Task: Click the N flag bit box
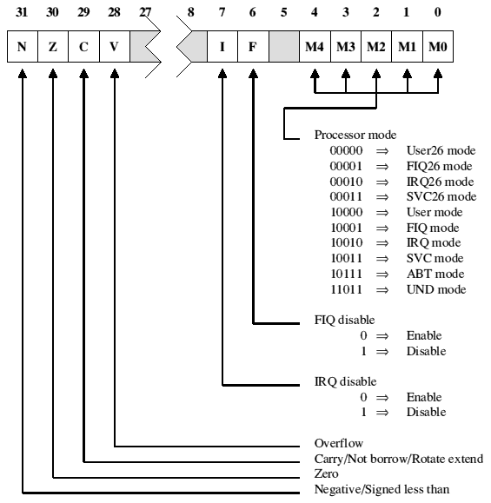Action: [x=23, y=47]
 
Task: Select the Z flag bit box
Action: [x=53, y=47]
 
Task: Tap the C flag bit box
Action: [x=83, y=47]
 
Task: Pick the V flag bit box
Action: [x=115, y=47]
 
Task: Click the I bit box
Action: [x=222, y=47]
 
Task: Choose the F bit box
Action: [x=253, y=47]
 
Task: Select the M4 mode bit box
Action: [x=315, y=47]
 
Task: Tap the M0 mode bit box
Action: [x=438, y=47]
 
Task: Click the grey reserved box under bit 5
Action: [x=284, y=47]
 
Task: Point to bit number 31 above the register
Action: [x=22, y=12]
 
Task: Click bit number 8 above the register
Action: [x=191, y=12]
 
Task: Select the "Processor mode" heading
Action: [x=355, y=135]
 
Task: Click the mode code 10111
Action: [x=346, y=274]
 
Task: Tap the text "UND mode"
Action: [x=436, y=289]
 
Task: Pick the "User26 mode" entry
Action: [x=441, y=150]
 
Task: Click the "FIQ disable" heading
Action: [x=344, y=320]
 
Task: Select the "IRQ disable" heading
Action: [x=345, y=381]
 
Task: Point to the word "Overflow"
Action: [x=339, y=443]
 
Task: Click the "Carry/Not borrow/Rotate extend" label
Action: [x=399, y=459]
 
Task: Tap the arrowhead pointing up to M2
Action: [x=376, y=73]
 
